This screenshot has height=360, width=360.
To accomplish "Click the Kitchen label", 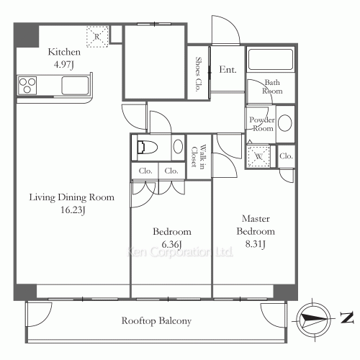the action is (x=64, y=52).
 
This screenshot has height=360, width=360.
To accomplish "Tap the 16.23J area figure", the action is (x=73, y=210).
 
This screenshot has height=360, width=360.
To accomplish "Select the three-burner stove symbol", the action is (x=27, y=85).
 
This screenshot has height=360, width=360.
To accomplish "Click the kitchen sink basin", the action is (x=75, y=86).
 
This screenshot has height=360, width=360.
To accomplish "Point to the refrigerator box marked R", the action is (x=97, y=37).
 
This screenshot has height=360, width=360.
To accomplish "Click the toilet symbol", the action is (x=147, y=147).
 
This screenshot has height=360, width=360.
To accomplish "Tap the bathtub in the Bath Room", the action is (x=271, y=59).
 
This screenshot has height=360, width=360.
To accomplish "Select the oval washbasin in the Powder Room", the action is (x=285, y=123).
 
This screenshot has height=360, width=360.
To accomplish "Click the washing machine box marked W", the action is (x=258, y=156).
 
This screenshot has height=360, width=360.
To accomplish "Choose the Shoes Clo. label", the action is (x=198, y=74).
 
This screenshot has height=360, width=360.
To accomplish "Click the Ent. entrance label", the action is (x=228, y=70).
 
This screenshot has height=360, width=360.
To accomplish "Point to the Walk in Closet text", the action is (x=199, y=156).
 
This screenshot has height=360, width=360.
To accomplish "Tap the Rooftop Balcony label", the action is (x=156, y=321).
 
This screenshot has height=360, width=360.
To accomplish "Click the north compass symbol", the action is (x=312, y=319).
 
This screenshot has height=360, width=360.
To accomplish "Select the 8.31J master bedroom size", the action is (x=256, y=244).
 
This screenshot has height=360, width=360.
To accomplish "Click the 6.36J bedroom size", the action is (x=171, y=245).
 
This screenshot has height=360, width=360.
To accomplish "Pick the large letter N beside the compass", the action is (x=347, y=318).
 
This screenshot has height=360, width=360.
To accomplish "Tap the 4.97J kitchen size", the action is (x=63, y=65).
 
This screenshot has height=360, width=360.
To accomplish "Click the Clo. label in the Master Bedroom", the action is (x=286, y=156).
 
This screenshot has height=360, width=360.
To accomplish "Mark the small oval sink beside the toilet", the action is (x=179, y=146).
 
